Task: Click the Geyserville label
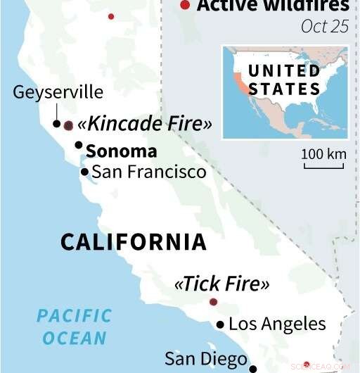(x=58, y=92)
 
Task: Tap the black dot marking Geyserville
(x=56, y=124)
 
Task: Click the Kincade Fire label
(x=145, y=125)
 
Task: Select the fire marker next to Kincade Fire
(x=68, y=126)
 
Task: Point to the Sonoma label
(x=121, y=151)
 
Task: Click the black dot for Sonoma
(x=79, y=146)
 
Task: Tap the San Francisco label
(x=149, y=172)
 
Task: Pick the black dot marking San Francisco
(x=84, y=172)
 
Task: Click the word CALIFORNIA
(x=134, y=242)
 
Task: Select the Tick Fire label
(x=221, y=284)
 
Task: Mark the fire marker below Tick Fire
(x=214, y=302)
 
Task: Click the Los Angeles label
(x=277, y=324)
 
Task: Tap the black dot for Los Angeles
(x=221, y=324)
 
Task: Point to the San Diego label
(x=205, y=358)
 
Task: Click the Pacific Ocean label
(x=74, y=326)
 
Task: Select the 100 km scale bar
(x=323, y=166)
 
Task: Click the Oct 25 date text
(x=324, y=26)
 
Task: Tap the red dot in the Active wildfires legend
(x=185, y=6)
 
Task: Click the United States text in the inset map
(x=284, y=80)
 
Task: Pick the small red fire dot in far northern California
(x=110, y=15)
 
